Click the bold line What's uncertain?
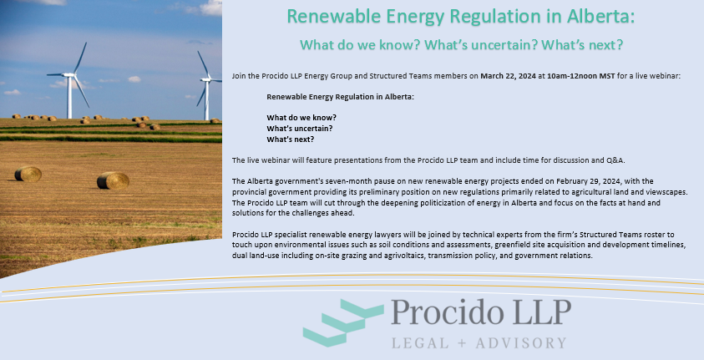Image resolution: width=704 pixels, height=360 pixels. (x=300, y=128)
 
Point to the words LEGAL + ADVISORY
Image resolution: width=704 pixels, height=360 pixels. (x=479, y=342)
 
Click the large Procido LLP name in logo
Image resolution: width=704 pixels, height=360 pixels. (x=482, y=312)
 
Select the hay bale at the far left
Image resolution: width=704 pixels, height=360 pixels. (x=28, y=174)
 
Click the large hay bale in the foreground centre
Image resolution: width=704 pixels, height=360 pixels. (x=113, y=180)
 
